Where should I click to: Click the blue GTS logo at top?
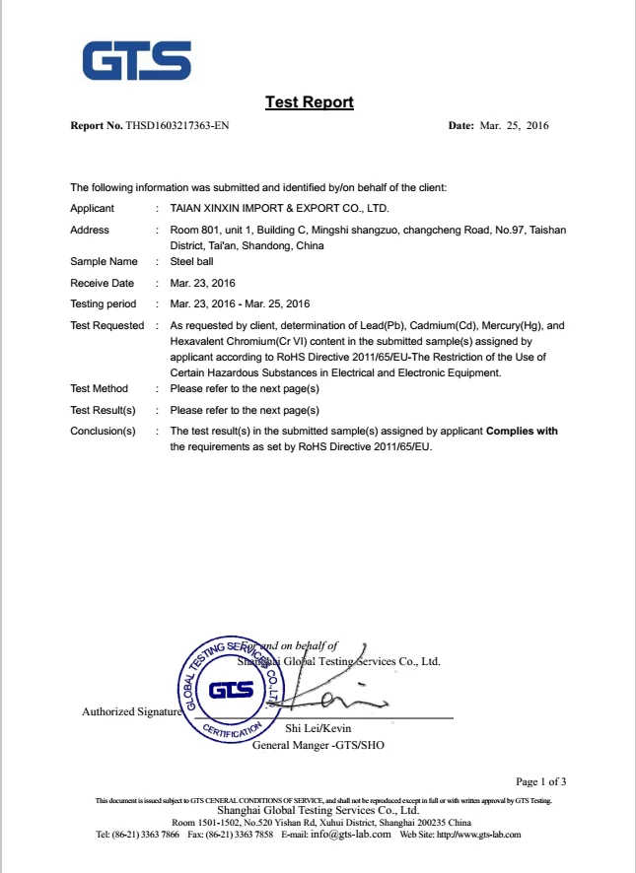[x=136, y=60]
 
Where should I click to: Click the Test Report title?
[x=309, y=102]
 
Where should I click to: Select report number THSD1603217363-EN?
[x=177, y=126]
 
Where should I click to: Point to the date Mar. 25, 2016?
[x=513, y=126]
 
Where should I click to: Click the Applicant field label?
[x=92, y=208]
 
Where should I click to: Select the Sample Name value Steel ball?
[x=191, y=262]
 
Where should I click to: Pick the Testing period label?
[x=103, y=303]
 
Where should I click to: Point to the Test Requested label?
[x=106, y=325]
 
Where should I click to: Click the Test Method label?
[x=99, y=389]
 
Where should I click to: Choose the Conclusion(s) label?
[x=103, y=432]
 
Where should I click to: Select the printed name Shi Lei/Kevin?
[x=318, y=728]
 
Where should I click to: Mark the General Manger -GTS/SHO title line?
[x=318, y=745]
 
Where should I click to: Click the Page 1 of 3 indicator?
[x=541, y=781]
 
